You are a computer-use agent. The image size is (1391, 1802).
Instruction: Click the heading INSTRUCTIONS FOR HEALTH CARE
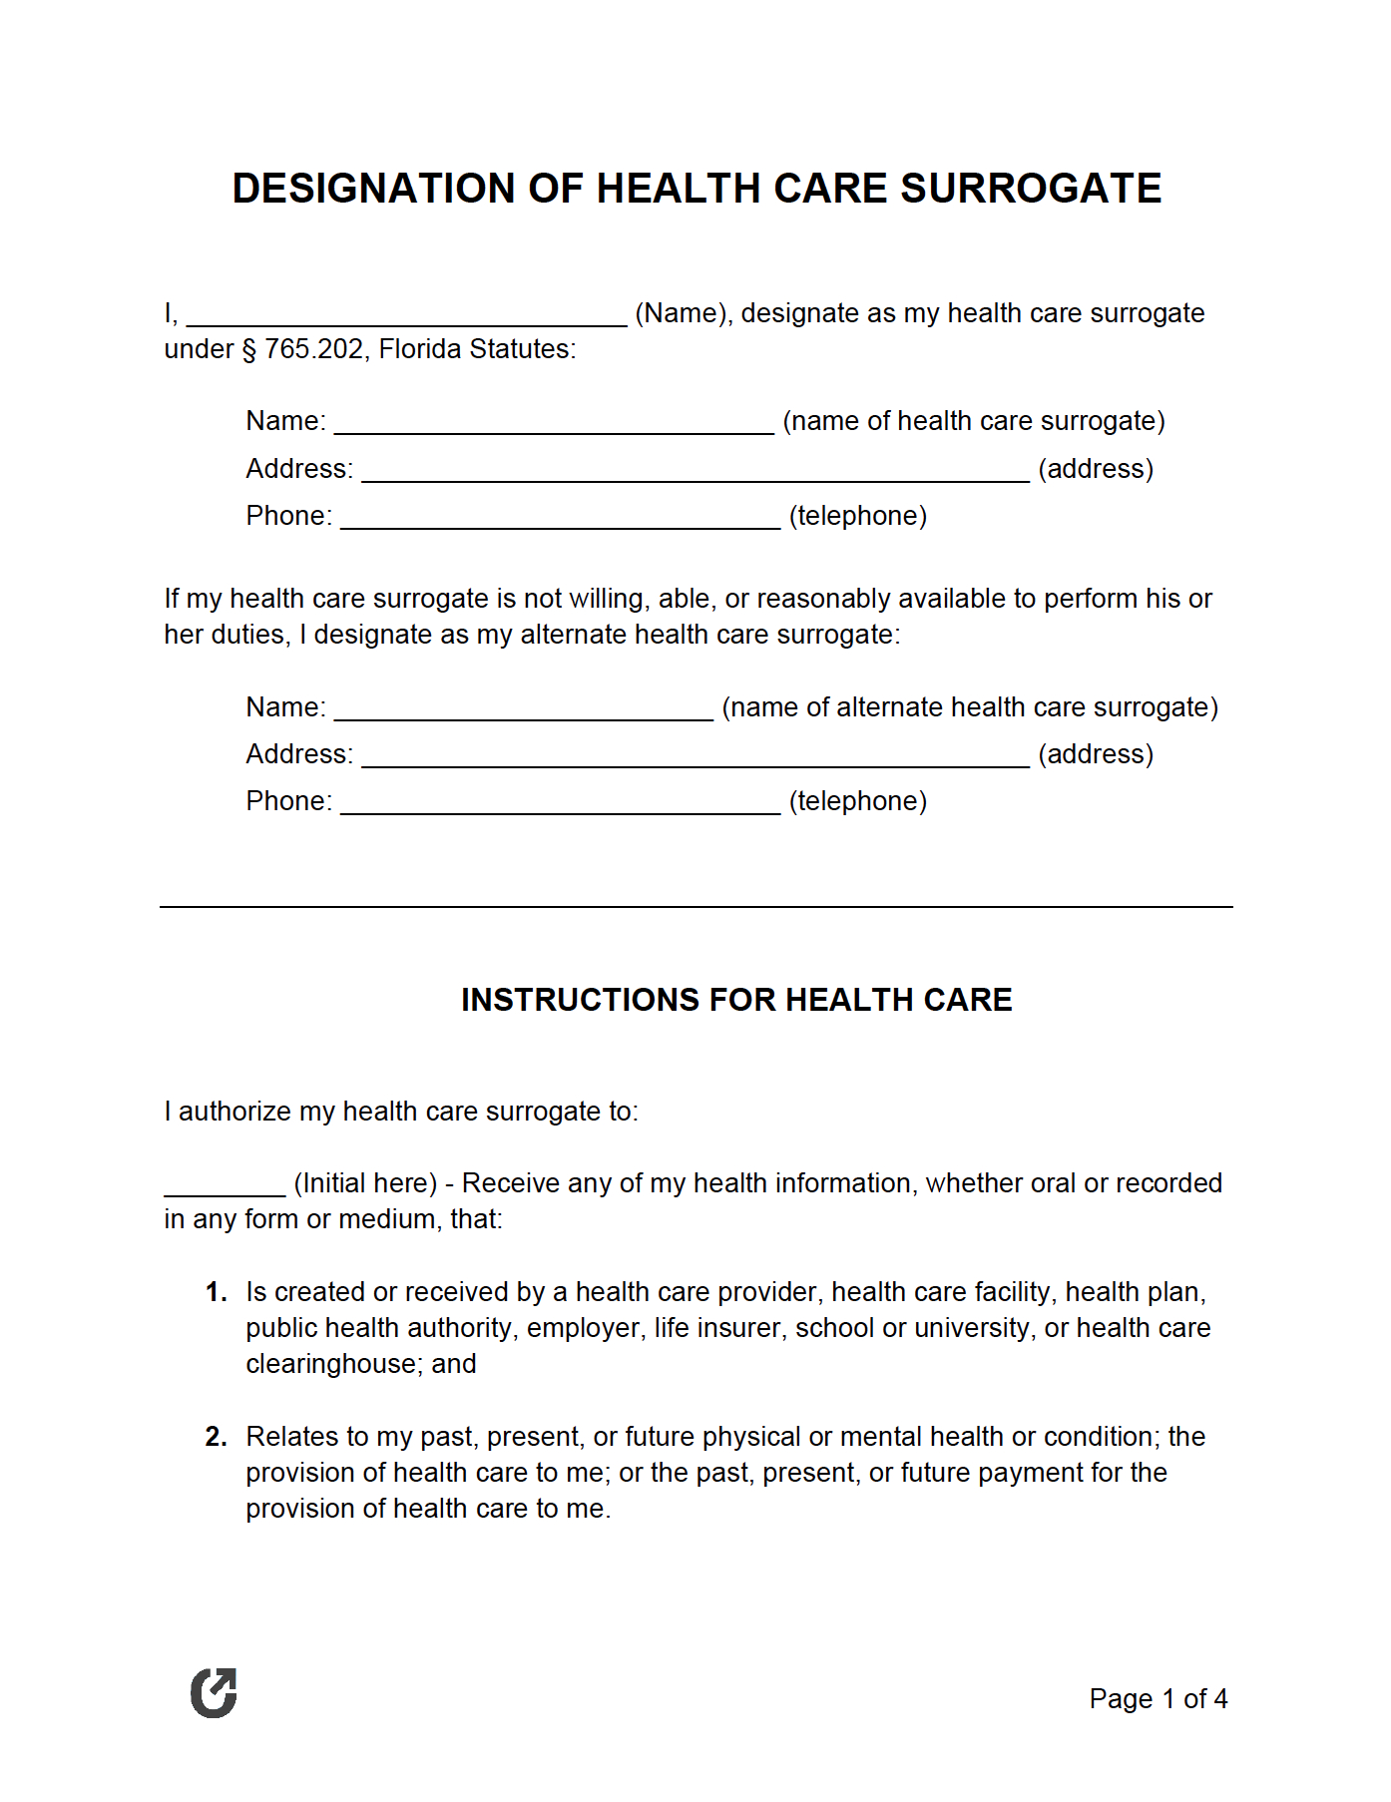tap(736, 1000)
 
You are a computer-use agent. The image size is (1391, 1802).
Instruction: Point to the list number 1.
tap(216, 1293)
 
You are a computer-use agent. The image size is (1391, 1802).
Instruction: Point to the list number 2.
tap(216, 1437)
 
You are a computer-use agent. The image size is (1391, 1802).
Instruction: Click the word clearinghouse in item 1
tap(334, 1364)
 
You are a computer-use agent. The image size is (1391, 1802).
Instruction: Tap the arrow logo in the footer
tap(214, 1693)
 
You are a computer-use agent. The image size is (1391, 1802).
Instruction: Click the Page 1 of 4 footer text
tap(1158, 1699)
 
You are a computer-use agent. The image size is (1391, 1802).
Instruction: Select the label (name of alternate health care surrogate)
tap(970, 707)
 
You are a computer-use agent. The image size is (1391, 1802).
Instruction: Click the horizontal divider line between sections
tap(695, 907)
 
